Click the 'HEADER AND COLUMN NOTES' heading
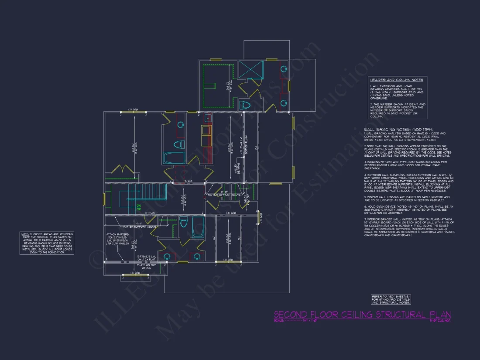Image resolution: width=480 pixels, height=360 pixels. click(396, 80)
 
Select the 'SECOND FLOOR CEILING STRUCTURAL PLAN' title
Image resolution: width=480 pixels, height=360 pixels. click(362, 315)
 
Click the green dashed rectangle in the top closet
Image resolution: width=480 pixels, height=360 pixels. click(217, 87)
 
